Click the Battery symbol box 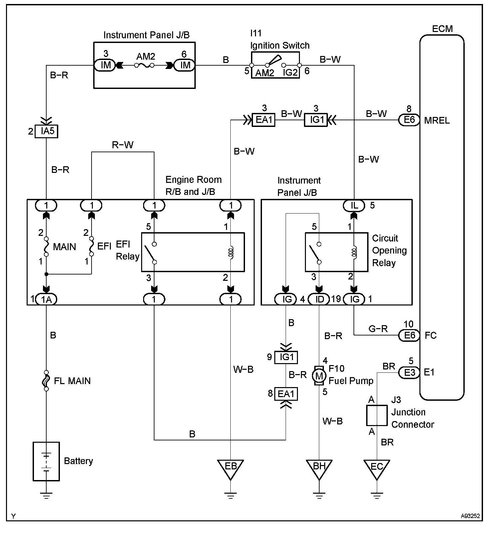coord(46,461)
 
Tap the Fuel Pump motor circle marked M coord(319,376)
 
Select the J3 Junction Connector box coord(377,415)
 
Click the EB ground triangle coord(230,467)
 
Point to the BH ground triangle coord(319,467)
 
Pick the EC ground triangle coord(377,467)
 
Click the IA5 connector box coord(47,131)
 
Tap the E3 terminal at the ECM coord(409,372)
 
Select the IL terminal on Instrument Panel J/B coord(354,206)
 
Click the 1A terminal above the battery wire coord(46,299)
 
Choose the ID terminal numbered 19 coord(319,299)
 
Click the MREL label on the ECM coord(437,120)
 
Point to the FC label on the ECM coord(430,335)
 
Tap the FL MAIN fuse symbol coord(46,380)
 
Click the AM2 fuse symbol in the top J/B coord(144,65)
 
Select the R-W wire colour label coord(122,145)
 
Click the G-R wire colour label coord(378,329)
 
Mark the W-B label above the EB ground coord(243,369)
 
